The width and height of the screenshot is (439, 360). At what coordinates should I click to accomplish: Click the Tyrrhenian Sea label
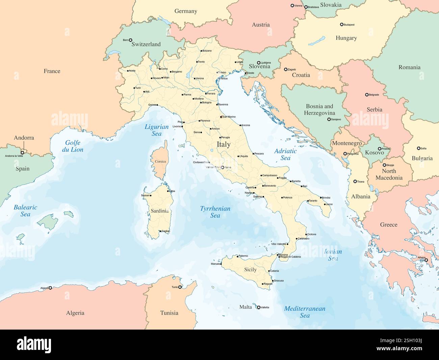pos(215,212)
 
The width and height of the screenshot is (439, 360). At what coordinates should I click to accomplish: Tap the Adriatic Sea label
pos(285,154)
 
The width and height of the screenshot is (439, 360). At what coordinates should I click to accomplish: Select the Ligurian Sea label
pos(156,130)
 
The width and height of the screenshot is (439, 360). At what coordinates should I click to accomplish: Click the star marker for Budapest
pos(341,25)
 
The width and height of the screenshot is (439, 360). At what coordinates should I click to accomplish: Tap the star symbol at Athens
pos(427,260)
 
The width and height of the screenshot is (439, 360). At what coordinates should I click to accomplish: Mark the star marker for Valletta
pos(259,307)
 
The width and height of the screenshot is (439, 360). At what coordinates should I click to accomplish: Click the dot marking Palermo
pos(237,256)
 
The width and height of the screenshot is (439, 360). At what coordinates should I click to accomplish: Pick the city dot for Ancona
pos(241,125)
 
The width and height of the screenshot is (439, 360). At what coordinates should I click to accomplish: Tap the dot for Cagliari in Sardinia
pos(160,231)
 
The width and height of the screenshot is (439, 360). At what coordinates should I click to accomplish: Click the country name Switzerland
pos(146,44)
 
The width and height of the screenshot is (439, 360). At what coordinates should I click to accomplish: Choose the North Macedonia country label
pos(389,174)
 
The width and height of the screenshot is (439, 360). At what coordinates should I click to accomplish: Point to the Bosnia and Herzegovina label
pos(319,110)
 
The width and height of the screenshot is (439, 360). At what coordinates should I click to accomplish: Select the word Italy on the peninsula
pos(224,144)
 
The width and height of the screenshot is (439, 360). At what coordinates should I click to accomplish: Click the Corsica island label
pos(160,162)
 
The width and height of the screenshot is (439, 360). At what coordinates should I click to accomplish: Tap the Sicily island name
pos(250,269)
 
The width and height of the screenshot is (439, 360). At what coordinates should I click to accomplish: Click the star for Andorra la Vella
pos(23,153)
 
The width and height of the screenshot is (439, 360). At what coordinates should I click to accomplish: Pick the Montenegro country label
pos(347,143)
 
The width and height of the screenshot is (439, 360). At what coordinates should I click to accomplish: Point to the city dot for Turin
pos(134,88)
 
